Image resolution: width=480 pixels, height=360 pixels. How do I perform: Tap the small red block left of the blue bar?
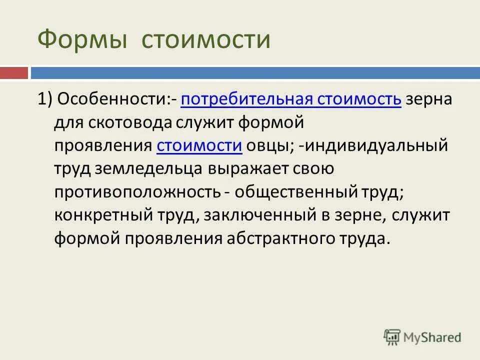[14, 73]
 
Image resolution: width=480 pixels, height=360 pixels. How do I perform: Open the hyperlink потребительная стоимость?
[291, 99]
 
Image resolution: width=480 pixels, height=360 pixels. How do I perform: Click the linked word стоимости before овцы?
[199, 146]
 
